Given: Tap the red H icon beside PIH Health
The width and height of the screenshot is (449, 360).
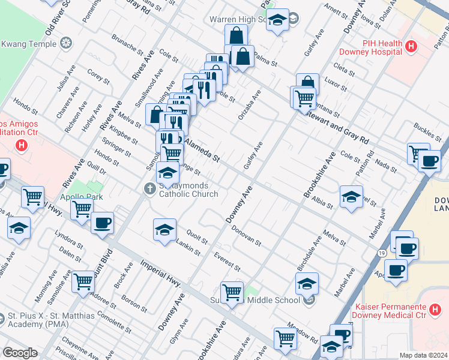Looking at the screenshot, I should (x=411, y=46).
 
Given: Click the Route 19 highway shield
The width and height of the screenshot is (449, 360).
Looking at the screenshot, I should (x=382, y=253).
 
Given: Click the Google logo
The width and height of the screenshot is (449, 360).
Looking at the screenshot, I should (x=20, y=353).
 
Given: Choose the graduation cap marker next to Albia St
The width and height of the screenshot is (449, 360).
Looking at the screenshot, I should (x=351, y=196).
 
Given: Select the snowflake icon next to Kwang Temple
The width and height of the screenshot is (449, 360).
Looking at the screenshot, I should (x=65, y=43).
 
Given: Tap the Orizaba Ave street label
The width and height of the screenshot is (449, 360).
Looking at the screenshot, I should (x=249, y=105).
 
